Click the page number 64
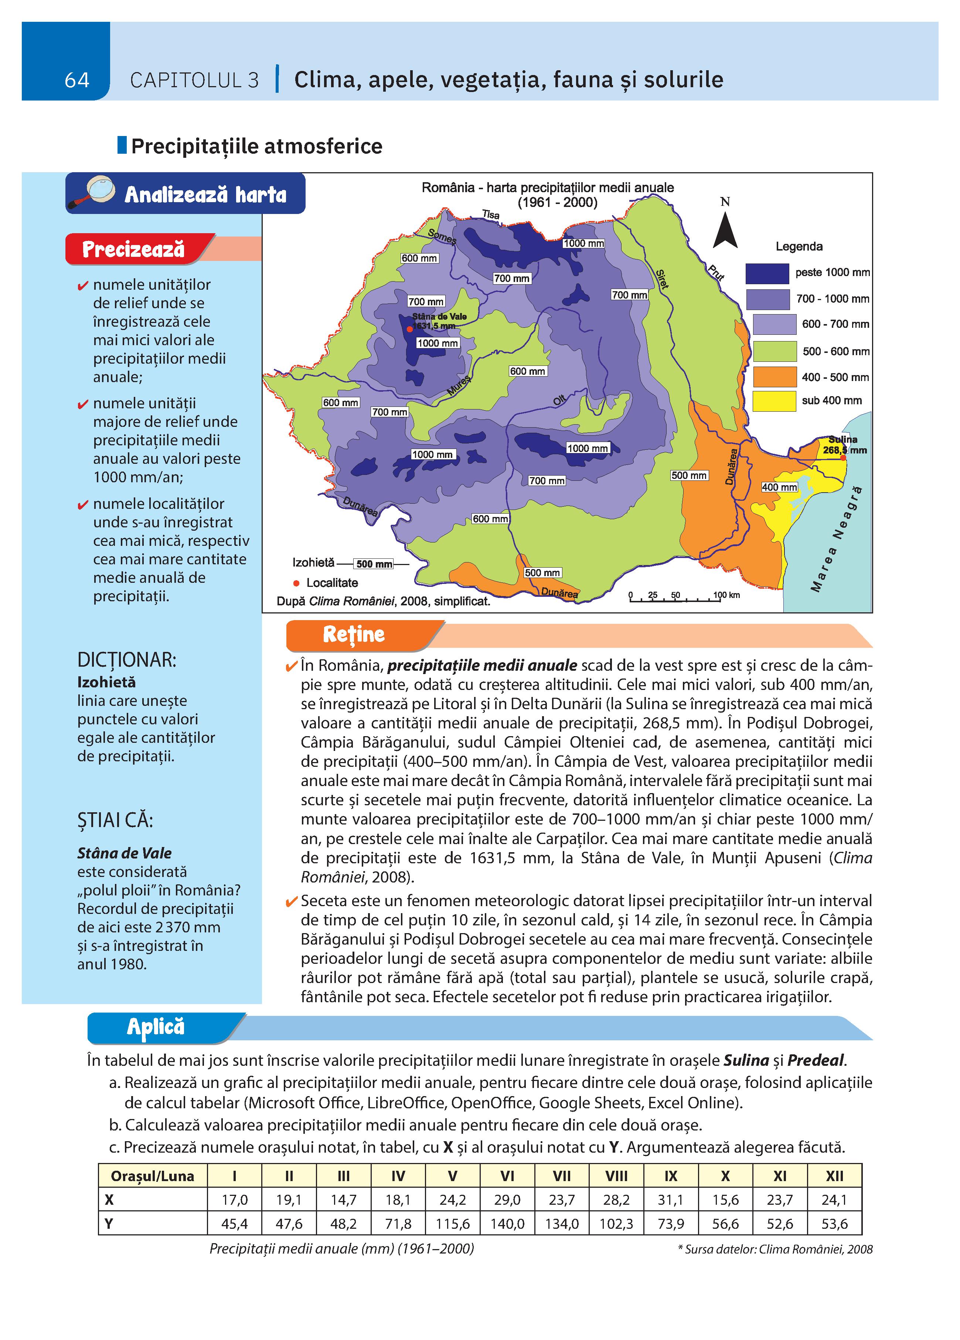coord(77,80)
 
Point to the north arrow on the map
coord(725,231)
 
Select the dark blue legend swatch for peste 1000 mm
coord(767,273)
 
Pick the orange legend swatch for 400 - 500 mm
coord(774,376)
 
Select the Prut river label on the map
coord(716,272)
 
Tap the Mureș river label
coord(459,385)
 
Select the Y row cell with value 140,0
coord(507,1224)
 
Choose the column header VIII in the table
coord(616,1176)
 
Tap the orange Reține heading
coord(353,635)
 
